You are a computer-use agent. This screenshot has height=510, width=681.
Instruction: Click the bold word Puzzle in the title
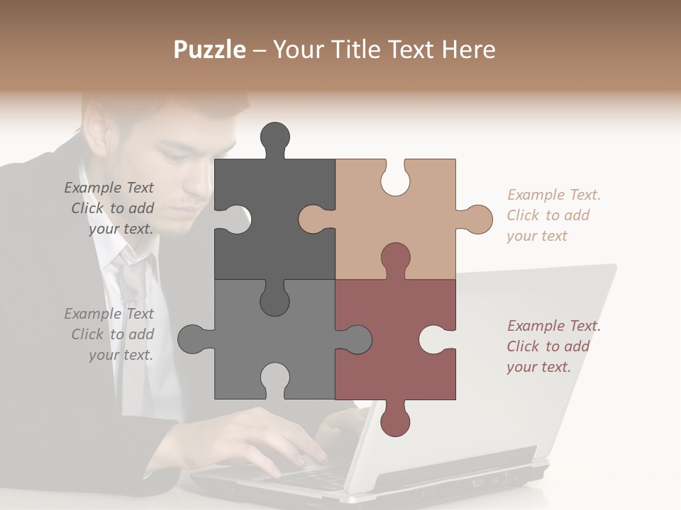click(x=210, y=50)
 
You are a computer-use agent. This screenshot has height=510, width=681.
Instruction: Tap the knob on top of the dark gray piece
click(x=275, y=138)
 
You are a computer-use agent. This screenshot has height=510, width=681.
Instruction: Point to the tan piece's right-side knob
click(x=477, y=219)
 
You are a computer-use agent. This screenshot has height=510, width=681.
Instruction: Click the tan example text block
click(x=553, y=215)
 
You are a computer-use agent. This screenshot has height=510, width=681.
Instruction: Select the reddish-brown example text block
click(x=553, y=346)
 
